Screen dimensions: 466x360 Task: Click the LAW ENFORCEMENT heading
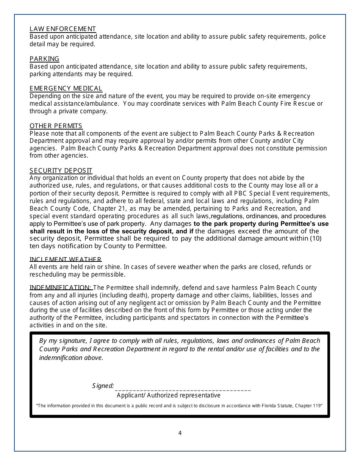pyautogui.click(x=63, y=29)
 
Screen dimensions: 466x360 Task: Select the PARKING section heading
pyautogui.click(x=44, y=59)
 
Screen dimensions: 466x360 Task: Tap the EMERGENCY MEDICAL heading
pyautogui.click(x=66, y=88)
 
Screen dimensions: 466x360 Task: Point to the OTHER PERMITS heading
pyautogui.click(x=56, y=126)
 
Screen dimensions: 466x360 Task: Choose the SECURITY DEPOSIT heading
pyautogui.click(x=61, y=170)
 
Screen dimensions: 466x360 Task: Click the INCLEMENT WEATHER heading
pyautogui.click(x=66, y=259)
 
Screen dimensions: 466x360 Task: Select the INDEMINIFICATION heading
pyautogui.click(x=60, y=288)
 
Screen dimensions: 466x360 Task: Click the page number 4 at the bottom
pyautogui.click(x=180, y=433)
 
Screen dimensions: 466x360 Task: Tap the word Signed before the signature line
pyautogui.click(x=103, y=386)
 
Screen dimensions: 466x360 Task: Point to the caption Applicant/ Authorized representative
pyautogui.click(x=168, y=395)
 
